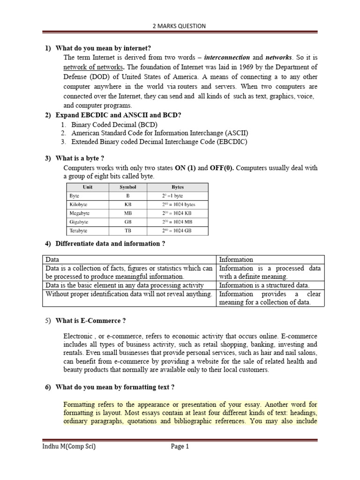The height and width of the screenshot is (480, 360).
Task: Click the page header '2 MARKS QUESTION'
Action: pos(180,26)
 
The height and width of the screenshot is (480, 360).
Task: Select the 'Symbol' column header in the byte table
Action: pos(127,187)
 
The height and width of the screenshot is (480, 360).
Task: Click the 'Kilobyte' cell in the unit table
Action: pos(79,204)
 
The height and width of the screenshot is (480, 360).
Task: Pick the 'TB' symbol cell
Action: pos(127,231)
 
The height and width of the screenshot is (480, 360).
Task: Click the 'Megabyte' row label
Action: pos(80,213)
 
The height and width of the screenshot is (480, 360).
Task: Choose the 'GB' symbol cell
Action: pos(127,222)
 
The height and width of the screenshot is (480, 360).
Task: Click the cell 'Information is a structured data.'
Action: pos(264,285)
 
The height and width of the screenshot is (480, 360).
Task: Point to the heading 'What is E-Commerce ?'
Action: pos(90,321)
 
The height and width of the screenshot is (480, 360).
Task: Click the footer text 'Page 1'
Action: pos(180,447)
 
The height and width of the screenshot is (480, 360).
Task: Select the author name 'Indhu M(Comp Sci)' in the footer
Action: pos(69,447)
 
